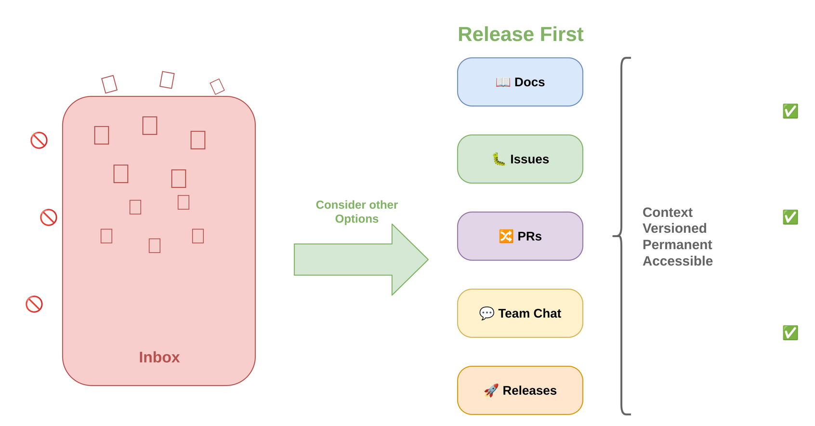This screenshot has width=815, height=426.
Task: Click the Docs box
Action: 520,82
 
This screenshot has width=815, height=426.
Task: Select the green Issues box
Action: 520,159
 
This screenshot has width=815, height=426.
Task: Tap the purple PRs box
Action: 520,236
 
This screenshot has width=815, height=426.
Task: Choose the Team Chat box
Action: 520,313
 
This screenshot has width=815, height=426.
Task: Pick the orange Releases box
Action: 520,390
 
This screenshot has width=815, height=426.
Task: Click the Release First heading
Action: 520,34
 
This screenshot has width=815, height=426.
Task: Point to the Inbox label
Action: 159,357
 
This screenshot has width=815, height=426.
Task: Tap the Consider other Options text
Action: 356,212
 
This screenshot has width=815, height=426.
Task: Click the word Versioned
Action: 674,228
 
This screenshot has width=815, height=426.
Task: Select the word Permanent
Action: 677,245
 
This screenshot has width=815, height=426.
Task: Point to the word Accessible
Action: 677,261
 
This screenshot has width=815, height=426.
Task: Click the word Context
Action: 667,213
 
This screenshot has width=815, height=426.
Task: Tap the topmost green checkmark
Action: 790,111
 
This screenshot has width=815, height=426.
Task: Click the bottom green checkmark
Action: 790,333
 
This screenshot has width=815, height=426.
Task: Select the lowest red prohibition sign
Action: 34,304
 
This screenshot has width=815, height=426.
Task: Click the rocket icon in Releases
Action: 491,390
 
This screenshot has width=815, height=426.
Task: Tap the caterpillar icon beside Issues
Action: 499,159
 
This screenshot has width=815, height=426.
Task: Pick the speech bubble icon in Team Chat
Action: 486,313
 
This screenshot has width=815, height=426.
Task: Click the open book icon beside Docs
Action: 503,82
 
